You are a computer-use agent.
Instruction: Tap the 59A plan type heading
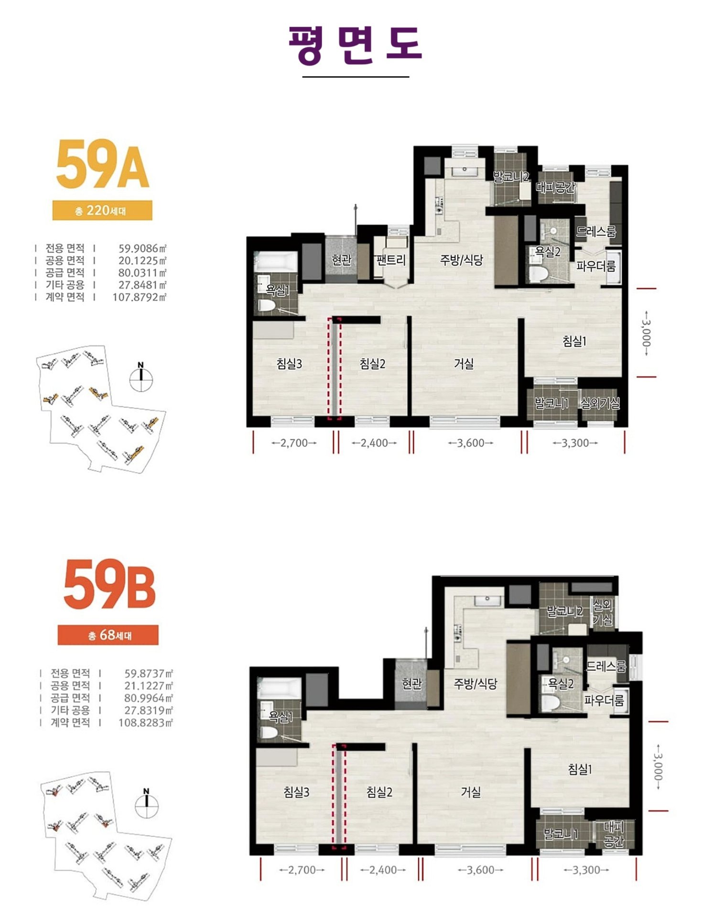point(103,164)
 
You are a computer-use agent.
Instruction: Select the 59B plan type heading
point(109,584)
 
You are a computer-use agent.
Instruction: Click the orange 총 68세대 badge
point(108,635)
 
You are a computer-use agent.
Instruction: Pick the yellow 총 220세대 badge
point(102,210)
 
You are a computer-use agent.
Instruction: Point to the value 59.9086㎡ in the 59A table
point(142,248)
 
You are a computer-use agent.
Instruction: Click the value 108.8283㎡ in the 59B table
point(145,723)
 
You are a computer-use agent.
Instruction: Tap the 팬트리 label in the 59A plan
point(391,260)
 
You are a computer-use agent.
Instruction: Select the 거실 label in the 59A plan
point(464,364)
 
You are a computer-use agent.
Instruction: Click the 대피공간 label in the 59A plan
point(555,187)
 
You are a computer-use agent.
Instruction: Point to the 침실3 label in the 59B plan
point(296,792)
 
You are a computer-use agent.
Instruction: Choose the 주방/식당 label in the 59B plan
point(475,683)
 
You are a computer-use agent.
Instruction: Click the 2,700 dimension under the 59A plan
point(294,443)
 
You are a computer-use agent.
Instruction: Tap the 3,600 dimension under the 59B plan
point(481,870)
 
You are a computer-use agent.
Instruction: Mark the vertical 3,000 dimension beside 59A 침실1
point(646,333)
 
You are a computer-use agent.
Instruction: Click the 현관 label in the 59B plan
point(411,683)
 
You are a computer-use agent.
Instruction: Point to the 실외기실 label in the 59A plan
point(600,404)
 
